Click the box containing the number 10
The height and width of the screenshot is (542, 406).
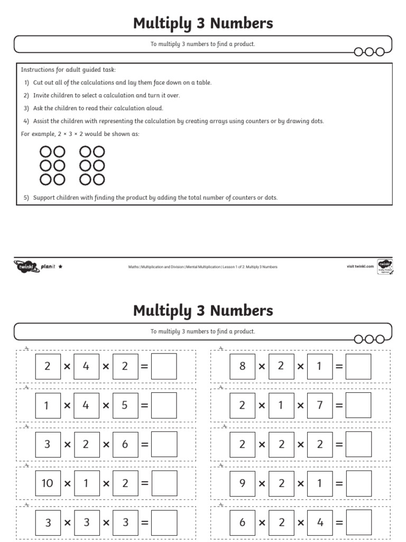(48, 483)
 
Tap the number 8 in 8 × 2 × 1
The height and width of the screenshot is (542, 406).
(242, 366)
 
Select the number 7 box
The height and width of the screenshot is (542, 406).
(319, 405)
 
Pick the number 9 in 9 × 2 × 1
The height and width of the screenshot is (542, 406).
(242, 483)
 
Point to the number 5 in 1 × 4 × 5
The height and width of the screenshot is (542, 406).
(125, 405)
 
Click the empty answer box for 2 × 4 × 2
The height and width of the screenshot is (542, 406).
(164, 366)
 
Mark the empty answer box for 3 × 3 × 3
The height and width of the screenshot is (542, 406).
(164, 522)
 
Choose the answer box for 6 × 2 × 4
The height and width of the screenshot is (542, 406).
(358, 522)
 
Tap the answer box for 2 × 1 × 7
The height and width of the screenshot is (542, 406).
(358, 405)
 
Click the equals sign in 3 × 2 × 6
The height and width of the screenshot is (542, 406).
(144, 445)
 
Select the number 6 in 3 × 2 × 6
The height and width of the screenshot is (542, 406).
(125, 445)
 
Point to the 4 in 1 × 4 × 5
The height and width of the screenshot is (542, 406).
(86, 405)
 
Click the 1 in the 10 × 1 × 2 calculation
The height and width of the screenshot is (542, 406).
(86, 483)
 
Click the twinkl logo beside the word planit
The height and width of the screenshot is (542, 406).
(26, 267)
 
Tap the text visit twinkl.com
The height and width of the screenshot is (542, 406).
(361, 266)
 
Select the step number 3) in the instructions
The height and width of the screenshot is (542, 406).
(26, 108)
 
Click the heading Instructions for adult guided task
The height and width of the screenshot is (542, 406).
(68, 70)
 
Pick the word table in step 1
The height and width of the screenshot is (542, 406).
(203, 83)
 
